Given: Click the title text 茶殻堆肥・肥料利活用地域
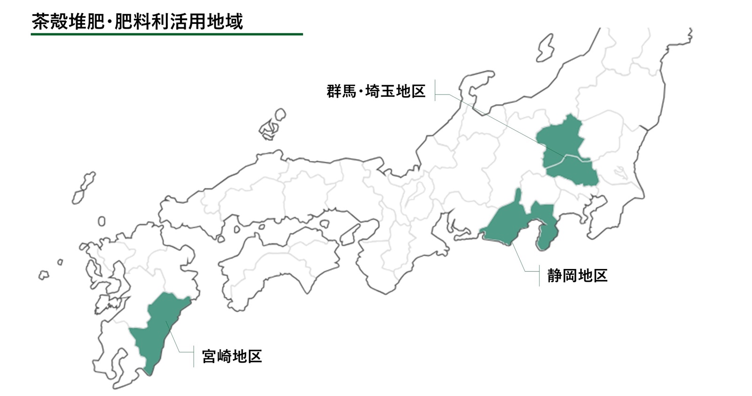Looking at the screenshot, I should point(137,22).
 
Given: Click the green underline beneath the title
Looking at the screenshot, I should point(167,34).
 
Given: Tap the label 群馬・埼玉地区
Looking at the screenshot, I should point(376,91).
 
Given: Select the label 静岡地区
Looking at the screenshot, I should point(577,275).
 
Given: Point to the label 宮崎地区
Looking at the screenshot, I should point(232,356).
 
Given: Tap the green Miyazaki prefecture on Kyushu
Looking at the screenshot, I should point(157,329).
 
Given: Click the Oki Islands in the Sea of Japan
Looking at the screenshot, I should point(272,125).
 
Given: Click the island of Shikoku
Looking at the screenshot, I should point(277,263).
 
